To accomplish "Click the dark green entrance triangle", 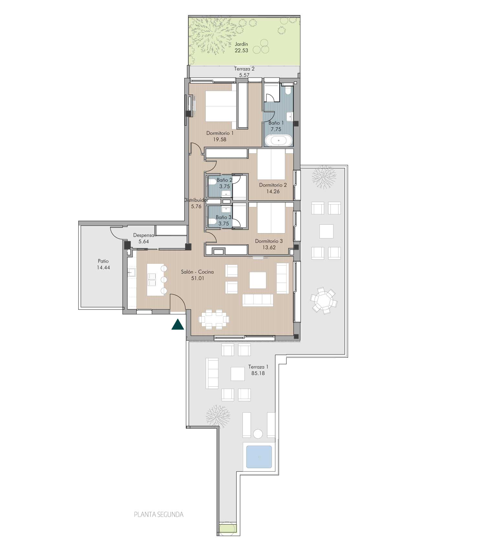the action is (178, 325).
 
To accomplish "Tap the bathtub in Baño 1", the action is (278, 141).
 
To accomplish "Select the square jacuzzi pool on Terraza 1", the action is (259, 457).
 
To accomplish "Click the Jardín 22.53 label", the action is (241, 47).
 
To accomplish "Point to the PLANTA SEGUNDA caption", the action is (159, 514).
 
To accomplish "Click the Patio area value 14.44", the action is (103, 267).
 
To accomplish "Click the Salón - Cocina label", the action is (197, 272).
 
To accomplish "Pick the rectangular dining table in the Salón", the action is (214, 319).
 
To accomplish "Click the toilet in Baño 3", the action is (212, 221).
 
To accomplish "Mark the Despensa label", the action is (144, 235).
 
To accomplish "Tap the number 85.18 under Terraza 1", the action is (258, 373).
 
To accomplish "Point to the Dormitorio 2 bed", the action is (271, 165).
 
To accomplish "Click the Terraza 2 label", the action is (244, 69).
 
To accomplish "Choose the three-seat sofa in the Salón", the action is (258, 300).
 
